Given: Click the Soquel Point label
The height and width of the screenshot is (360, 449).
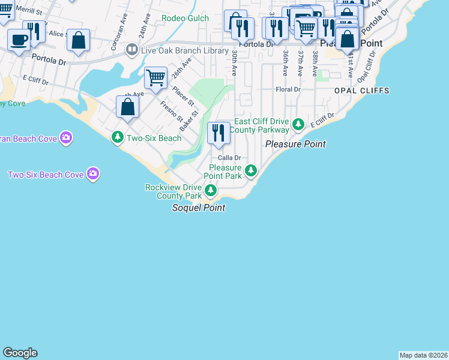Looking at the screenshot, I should [x=199, y=208].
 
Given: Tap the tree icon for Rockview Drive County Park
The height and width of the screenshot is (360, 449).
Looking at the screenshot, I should [x=211, y=191].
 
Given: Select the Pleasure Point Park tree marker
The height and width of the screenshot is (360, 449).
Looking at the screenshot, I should [x=251, y=171].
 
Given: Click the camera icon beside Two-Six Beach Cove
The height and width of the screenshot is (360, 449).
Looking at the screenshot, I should [x=92, y=174].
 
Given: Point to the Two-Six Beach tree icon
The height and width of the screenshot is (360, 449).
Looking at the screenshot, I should [x=118, y=137].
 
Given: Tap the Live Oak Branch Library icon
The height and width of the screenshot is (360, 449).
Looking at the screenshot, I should [x=132, y=50].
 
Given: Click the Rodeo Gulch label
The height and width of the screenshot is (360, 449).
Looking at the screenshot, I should [x=185, y=18].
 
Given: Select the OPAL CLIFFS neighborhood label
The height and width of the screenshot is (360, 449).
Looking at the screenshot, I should [x=362, y=91].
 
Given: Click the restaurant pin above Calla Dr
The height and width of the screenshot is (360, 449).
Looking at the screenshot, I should [x=218, y=133].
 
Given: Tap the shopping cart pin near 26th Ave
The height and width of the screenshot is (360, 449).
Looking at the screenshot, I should [x=155, y=77].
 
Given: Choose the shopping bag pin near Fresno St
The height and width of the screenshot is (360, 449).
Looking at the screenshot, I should [x=127, y=107].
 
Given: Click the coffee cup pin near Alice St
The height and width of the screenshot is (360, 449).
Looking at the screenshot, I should [x=19, y=41].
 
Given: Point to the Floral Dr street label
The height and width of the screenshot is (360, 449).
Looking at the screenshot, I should [x=288, y=89].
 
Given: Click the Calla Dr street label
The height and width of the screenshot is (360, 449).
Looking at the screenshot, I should [x=229, y=158].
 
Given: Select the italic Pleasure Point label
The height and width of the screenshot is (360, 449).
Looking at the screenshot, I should [x=295, y=144].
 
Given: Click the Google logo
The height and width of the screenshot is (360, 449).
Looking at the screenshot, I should [x=20, y=353].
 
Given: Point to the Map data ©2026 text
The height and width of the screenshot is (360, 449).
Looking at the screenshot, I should [x=423, y=355].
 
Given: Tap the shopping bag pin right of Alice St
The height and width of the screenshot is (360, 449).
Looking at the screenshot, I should [x=78, y=41].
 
